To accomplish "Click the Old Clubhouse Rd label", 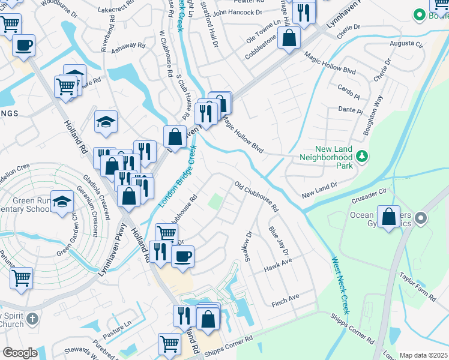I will [256, 197].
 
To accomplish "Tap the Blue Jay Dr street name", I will [279, 239].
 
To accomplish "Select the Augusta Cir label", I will [406, 44].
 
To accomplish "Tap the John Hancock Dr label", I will [238, 12].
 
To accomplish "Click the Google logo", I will [20, 353].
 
